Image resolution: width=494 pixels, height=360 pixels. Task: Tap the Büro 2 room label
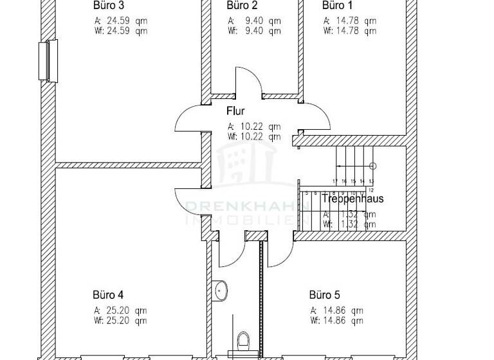[242, 6]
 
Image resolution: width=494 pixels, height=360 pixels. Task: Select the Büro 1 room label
[337, 6]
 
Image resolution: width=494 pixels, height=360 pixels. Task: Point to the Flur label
[235, 111]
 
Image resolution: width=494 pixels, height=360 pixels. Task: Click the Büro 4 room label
[108, 296]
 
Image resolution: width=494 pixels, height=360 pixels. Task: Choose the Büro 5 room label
[324, 296]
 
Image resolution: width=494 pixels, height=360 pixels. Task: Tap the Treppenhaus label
[352, 199]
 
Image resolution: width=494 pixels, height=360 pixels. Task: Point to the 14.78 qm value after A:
[356, 21]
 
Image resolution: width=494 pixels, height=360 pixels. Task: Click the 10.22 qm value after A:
[261, 127]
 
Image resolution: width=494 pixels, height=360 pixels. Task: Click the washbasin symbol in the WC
[221, 291]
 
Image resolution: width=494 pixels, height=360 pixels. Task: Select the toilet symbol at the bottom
[244, 339]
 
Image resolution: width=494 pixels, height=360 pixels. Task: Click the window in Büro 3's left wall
[49, 61]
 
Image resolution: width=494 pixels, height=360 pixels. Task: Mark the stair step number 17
[335, 182]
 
